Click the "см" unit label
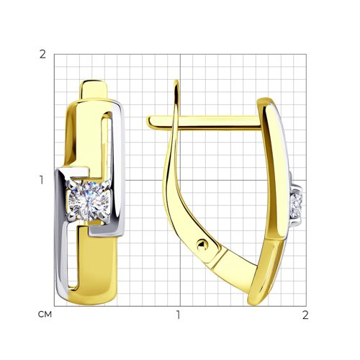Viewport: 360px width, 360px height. click(x=45, y=314)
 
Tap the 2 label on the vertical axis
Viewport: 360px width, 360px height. click(x=42, y=55)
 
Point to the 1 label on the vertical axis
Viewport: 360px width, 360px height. click(x=42, y=180)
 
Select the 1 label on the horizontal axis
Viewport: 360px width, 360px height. click(x=178, y=315)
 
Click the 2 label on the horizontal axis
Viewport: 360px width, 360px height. click(x=305, y=315)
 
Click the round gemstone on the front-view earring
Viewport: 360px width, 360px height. click(x=89, y=201)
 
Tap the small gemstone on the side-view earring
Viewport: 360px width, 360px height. click(x=297, y=205)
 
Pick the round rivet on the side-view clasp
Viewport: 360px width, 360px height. click(x=202, y=246)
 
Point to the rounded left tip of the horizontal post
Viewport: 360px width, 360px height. click(x=148, y=122)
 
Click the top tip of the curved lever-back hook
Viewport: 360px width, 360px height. click(x=177, y=81)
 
